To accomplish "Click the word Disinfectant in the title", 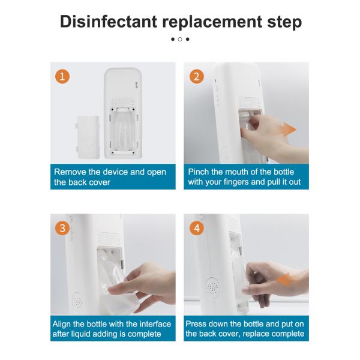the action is coord(109,22).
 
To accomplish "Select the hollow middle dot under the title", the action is coord(180,39).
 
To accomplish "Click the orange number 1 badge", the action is coord(62,76).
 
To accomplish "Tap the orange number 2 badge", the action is coord(197,76).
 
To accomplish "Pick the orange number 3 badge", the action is coord(62,228).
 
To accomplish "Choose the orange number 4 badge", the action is coord(197,228).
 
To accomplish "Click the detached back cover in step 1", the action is coord(88,137).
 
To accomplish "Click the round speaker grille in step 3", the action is coord(77,301).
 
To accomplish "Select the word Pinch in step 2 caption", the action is coord(197,172).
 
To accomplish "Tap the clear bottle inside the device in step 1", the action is coord(124,130).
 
